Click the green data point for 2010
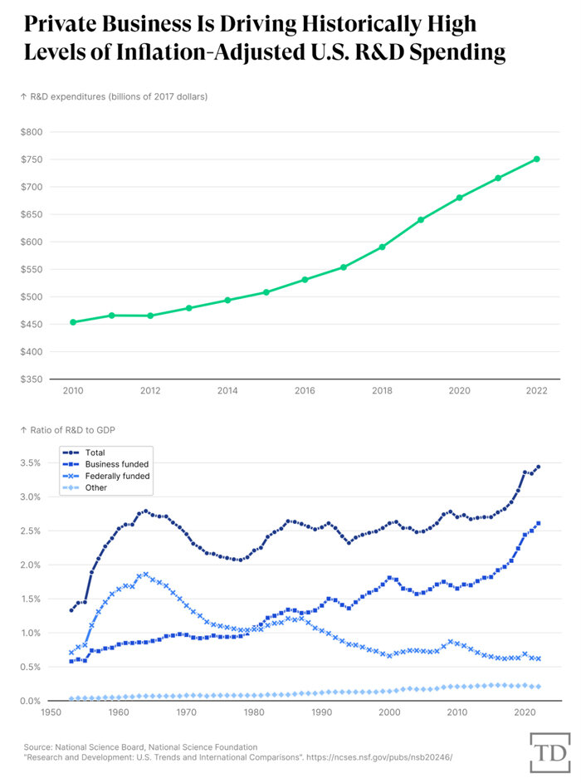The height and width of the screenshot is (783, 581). click(x=73, y=322)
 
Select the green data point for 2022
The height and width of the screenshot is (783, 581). click(x=537, y=159)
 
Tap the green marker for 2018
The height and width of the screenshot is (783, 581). click(x=382, y=247)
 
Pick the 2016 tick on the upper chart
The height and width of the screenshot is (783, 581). click(x=305, y=391)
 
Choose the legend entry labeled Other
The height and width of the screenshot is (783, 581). click(x=95, y=488)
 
